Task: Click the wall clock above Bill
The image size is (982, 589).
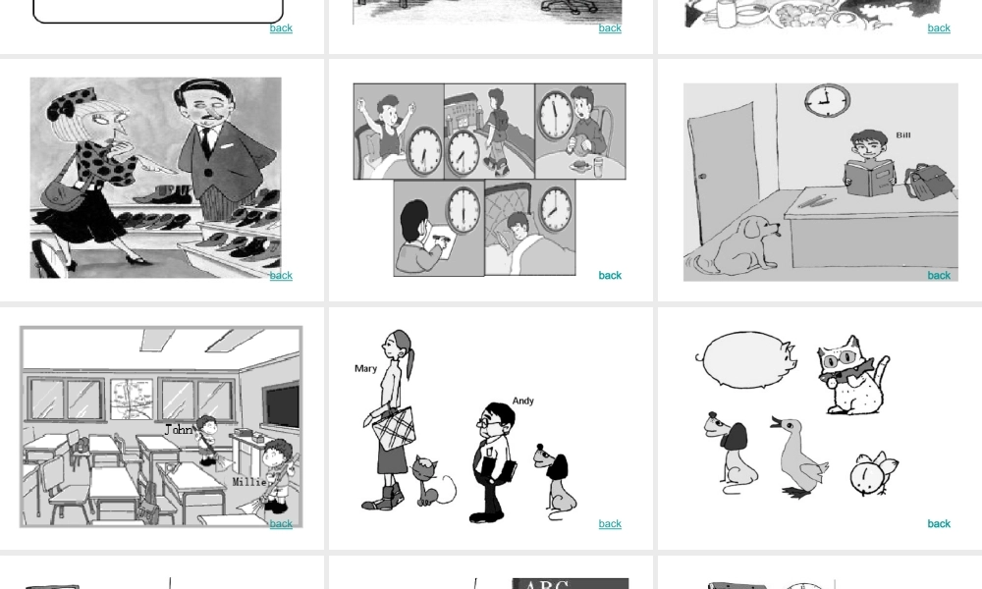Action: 827,100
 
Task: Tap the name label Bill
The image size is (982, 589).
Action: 903,135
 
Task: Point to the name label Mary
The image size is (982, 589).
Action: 365,369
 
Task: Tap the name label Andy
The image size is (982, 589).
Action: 523,401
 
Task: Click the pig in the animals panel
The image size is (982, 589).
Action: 746,360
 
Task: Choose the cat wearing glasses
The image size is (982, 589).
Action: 852,376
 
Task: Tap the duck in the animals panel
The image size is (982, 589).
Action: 797,457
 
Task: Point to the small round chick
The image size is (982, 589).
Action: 873,473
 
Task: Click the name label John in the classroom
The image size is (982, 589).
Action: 179,430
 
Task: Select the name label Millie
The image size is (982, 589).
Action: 248,482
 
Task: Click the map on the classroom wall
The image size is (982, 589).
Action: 132,399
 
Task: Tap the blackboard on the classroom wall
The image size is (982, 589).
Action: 281,405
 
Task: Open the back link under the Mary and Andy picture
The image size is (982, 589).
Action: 610,524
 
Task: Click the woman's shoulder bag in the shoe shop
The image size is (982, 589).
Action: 63,196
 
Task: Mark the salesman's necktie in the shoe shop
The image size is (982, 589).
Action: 205,142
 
